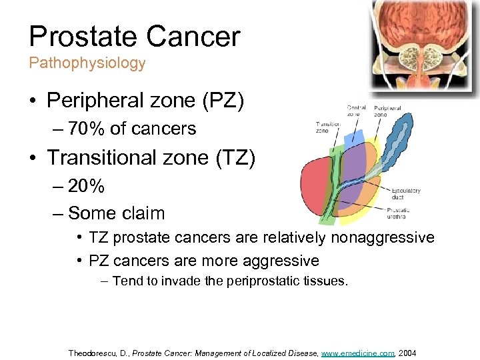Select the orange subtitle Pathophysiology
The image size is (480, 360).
[x=87, y=63]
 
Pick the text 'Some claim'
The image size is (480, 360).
[x=116, y=213]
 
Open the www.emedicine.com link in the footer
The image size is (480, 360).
[x=358, y=353]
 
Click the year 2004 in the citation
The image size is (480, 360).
[x=407, y=353]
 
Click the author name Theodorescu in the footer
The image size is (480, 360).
[x=95, y=353]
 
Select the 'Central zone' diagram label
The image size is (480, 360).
[x=356, y=111]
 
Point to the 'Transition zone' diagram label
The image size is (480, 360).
[x=328, y=127]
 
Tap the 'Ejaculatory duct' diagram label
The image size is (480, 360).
[x=405, y=194]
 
